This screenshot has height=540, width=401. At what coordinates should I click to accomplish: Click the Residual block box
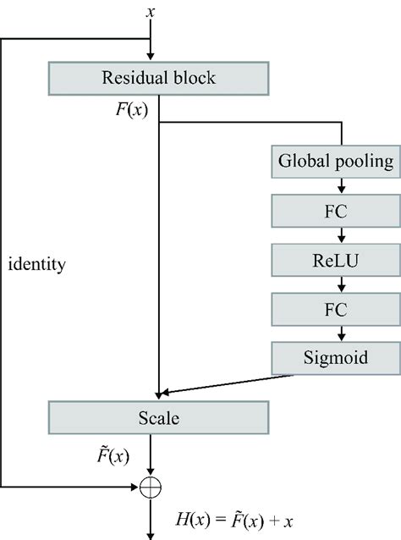coord(159,79)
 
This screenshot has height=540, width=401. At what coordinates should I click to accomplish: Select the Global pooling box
coord(336,160)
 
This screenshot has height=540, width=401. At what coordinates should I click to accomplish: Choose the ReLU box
coord(336,258)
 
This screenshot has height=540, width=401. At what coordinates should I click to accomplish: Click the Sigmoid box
coord(336,357)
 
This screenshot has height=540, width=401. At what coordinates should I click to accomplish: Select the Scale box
coord(159,417)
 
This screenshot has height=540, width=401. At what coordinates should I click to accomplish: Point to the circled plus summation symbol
coord(151,488)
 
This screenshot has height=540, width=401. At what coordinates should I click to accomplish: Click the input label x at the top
coord(151,11)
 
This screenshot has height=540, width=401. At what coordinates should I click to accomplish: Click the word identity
coord(36,263)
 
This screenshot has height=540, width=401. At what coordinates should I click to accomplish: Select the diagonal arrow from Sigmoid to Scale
coord(220,383)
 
